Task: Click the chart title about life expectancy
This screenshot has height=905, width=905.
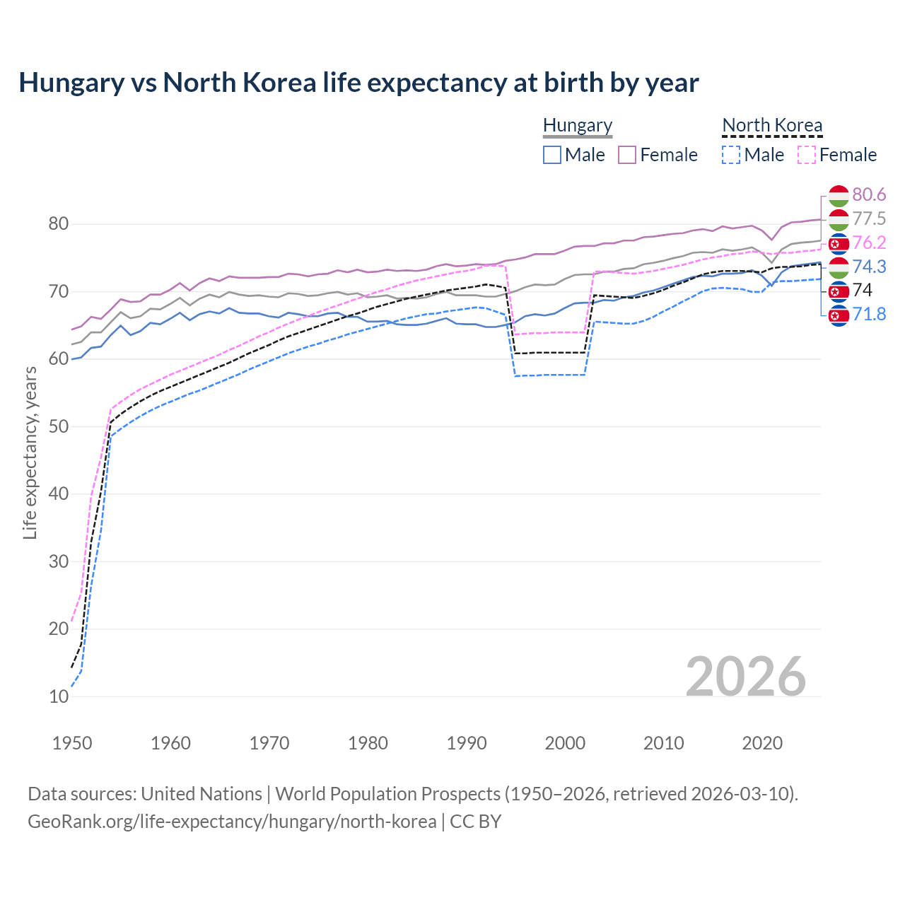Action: point(358,83)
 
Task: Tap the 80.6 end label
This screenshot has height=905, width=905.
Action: point(869,195)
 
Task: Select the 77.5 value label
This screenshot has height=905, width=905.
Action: point(869,219)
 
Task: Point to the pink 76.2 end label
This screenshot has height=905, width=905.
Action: point(869,243)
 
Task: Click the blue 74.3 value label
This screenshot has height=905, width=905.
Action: point(869,267)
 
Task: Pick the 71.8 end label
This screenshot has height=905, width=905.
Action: point(869,315)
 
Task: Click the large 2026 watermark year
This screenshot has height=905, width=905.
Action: point(745,677)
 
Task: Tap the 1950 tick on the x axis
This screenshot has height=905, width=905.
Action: point(72,743)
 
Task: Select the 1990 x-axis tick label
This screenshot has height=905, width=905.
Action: point(467,743)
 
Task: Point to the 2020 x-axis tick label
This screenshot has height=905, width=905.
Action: point(762,743)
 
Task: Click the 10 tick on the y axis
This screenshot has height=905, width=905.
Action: point(59,696)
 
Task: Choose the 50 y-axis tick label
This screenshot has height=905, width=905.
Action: point(59,426)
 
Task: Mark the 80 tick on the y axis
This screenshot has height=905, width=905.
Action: point(59,224)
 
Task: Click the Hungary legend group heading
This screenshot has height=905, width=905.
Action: point(578,125)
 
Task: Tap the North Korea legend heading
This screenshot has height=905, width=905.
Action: point(772,125)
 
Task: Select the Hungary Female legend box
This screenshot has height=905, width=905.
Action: point(627,155)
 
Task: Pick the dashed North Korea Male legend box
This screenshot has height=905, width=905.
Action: point(731,155)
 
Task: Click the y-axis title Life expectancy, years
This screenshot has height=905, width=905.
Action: point(30,452)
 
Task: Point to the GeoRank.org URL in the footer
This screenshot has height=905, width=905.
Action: point(232,822)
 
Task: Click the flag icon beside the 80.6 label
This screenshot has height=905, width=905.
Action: point(839,195)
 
